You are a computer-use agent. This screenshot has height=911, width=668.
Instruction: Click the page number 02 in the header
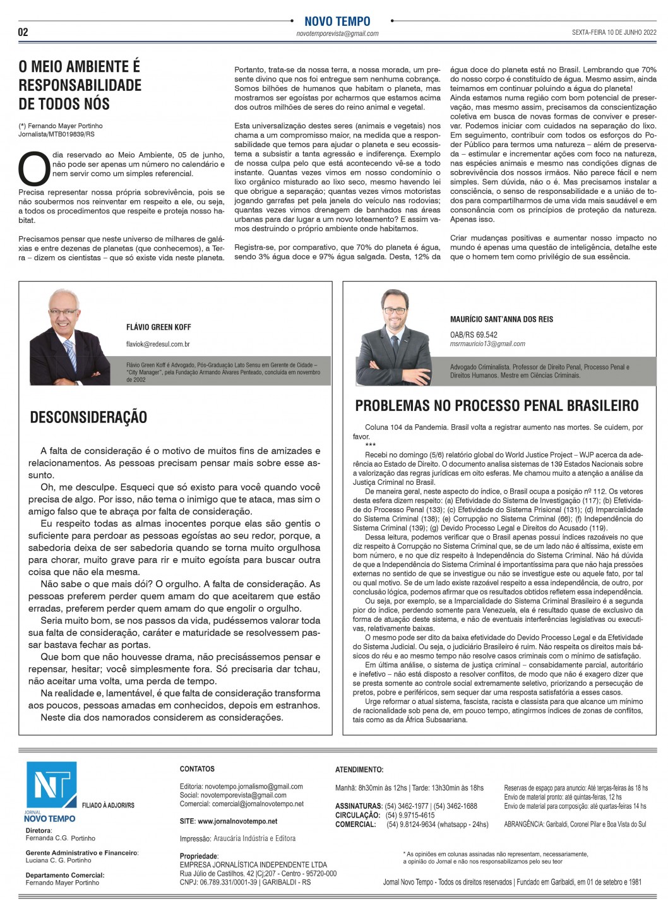click(x=23, y=32)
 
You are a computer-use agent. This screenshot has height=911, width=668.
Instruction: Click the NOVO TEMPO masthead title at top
click(x=337, y=21)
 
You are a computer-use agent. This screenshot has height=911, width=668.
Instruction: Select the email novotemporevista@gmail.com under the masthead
click(x=337, y=33)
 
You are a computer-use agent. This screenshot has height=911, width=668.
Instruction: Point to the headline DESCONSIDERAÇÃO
click(x=88, y=417)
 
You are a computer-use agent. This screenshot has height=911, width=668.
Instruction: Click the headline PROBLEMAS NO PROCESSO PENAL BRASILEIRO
click(x=497, y=406)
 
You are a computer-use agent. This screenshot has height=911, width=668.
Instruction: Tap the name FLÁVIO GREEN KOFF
click(x=158, y=328)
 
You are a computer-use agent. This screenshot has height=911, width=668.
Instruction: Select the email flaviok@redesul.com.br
click(x=158, y=344)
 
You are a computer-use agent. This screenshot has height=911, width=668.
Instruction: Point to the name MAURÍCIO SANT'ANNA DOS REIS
click(x=501, y=319)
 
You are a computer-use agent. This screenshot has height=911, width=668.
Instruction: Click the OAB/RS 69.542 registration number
click(x=474, y=335)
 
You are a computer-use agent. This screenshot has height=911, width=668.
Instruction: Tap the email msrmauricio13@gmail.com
click(x=487, y=344)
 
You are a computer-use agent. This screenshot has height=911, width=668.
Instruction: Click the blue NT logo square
click(x=50, y=785)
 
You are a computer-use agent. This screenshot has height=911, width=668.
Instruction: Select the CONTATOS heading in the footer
click(x=197, y=769)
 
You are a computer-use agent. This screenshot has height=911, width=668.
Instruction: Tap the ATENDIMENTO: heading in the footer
click(x=359, y=770)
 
